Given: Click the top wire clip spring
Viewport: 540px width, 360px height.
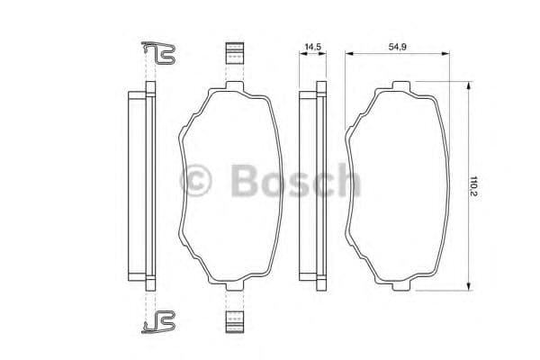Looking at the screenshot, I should tap(160, 55).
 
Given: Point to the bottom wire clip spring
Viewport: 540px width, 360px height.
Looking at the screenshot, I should tap(160, 319).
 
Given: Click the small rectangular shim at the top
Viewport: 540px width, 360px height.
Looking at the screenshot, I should tap(234, 53).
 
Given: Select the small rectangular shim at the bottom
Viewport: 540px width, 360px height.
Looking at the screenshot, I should tap(234, 320).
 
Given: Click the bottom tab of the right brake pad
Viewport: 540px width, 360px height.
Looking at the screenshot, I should tap(399, 287).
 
